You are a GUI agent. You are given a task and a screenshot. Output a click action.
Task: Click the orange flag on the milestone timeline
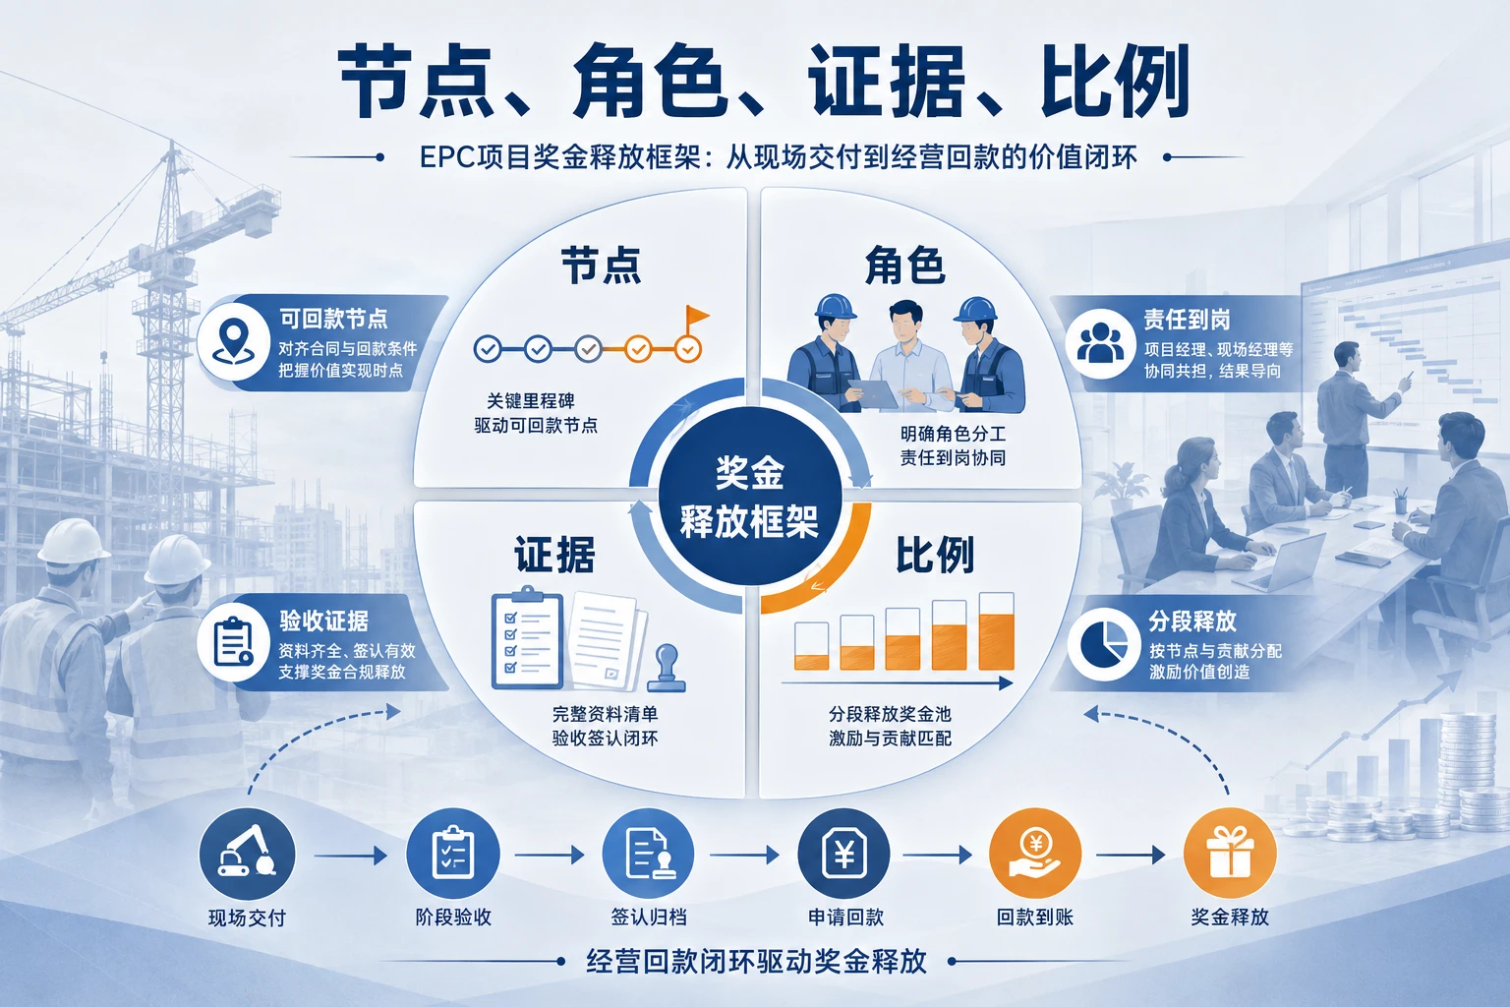(x=696, y=317)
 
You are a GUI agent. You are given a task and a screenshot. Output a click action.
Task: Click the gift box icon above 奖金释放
(x=1230, y=854)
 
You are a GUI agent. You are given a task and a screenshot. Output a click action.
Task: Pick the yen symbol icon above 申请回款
(x=843, y=854)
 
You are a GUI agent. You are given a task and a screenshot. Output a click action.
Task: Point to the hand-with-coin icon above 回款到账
(x=1035, y=854)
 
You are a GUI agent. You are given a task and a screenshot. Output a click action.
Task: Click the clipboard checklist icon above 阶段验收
(x=453, y=854)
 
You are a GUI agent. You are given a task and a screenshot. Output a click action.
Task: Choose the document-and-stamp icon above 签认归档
(x=648, y=854)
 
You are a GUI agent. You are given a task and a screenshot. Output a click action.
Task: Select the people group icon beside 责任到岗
(x=1100, y=342)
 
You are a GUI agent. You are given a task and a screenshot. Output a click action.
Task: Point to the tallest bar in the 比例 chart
(x=996, y=631)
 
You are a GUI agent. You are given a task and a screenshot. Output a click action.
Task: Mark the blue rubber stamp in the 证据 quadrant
(x=666, y=669)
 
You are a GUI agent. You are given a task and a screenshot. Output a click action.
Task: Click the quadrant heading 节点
(x=602, y=266)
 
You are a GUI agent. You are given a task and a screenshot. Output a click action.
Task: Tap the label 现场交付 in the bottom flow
(x=247, y=918)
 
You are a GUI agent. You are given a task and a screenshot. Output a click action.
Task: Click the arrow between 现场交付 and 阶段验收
(x=351, y=856)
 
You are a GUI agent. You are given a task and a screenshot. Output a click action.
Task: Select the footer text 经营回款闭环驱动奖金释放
(x=757, y=961)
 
